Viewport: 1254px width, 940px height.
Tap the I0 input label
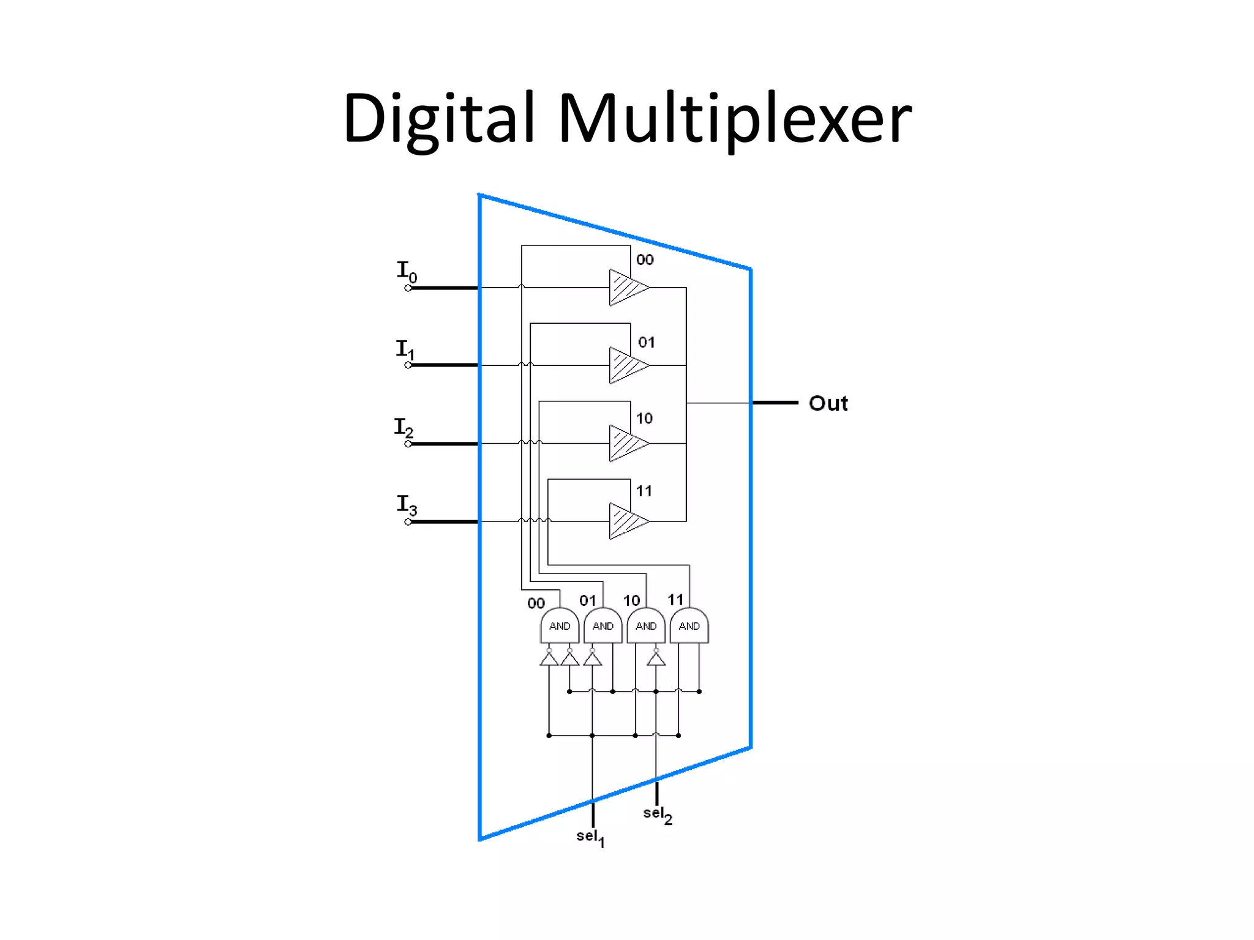pos(407,271)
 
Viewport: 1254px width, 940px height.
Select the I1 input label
pos(405,349)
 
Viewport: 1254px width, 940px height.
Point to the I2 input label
pos(404,427)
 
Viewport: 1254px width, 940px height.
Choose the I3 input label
pos(407,505)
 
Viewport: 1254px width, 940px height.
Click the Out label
pos(828,403)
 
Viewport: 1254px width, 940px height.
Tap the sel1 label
pos(590,837)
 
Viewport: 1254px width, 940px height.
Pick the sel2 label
pos(658,815)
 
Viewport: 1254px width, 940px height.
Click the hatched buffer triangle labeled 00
pos(626,287)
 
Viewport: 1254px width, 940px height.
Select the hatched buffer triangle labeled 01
pos(626,365)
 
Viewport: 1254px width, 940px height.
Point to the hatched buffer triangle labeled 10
pos(626,443)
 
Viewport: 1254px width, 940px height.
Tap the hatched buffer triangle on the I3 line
pos(626,521)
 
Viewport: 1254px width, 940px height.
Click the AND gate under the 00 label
pos(560,625)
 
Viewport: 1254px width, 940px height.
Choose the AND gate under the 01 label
pos(603,625)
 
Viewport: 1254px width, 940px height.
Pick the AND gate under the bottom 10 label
pos(646,625)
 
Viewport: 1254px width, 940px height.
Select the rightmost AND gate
pos(689,625)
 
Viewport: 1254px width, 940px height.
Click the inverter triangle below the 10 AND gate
pos(656,659)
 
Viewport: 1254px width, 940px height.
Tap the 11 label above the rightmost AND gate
pos(675,600)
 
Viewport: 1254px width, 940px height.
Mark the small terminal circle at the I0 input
pos(408,288)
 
